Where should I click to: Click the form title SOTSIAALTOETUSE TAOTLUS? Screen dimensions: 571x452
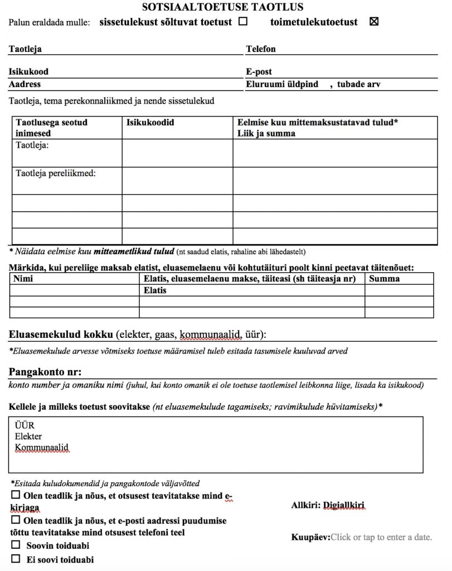pyautogui.click(x=223, y=7)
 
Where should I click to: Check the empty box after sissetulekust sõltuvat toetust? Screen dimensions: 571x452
pyautogui.click(x=243, y=22)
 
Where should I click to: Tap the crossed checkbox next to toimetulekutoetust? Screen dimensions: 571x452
pyautogui.click(x=374, y=22)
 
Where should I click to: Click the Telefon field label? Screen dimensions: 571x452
pyautogui.click(x=261, y=49)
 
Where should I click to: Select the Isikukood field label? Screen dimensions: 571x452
pyautogui.click(x=28, y=72)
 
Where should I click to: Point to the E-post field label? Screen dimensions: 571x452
pyautogui.click(x=259, y=72)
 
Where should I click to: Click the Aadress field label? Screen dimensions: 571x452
pyautogui.click(x=25, y=84)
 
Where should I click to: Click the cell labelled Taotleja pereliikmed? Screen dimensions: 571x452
pyautogui.click(x=56, y=173)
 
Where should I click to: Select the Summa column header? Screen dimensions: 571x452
pyautogui.click(x=385, y=278)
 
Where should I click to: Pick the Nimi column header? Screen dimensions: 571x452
pyautogui.click(x=23, y=278)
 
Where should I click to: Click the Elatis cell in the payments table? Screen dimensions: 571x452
pyautogui.click(x=155, y=291)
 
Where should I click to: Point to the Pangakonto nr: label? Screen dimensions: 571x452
pyautogui.click(x=45, y=372)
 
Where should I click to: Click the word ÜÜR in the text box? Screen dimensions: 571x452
pyautogui.click(x=25, y=425)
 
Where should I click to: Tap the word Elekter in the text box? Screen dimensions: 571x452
pyautogui.click(x=28, y=437)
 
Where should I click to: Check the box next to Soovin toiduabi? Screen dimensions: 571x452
pyautogui.click(x=16, y=545)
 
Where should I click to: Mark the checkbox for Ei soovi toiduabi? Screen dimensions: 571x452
pyautogui.click(x=16, y=559)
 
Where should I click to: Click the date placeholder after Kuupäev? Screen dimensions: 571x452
pyautogui.click(x=381, y=538)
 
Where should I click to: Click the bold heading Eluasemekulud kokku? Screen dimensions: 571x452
pyautogui.click(x=61, y=335)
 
